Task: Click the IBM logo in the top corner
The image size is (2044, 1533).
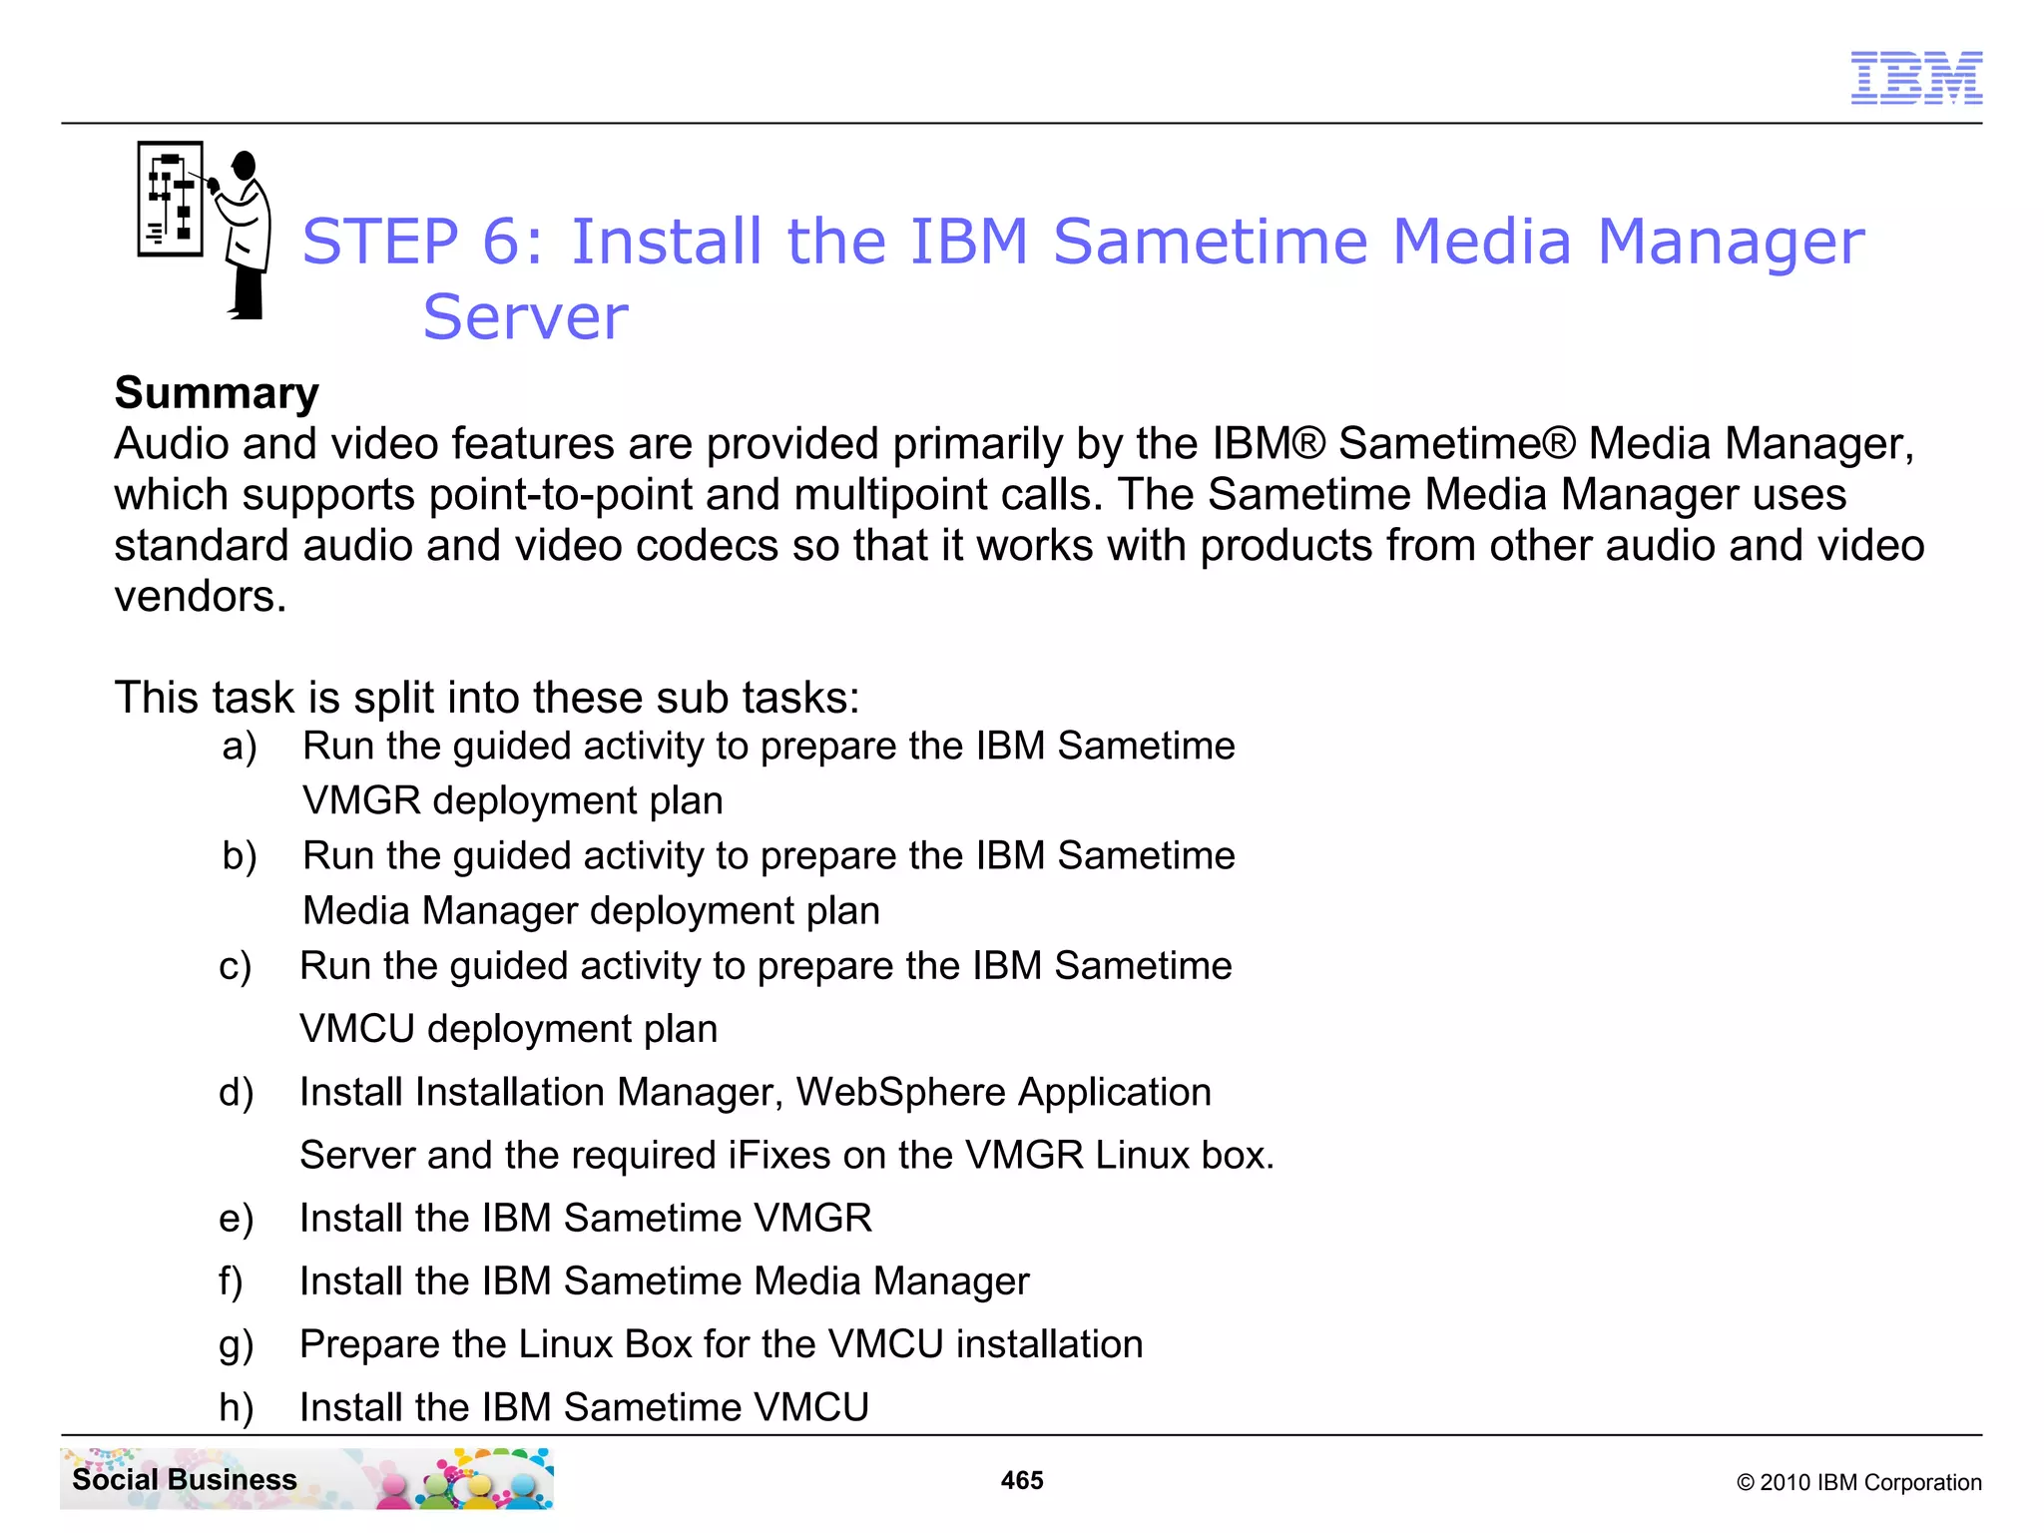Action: coord(1915,78)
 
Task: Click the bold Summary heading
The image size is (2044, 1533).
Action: coord(217,392)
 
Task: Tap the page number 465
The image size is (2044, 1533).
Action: coord(1021,1480)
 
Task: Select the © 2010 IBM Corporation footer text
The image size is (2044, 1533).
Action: coord(1858,1482)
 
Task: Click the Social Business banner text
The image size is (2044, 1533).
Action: coord(185,1479)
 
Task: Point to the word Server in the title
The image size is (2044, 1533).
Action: coord(525,317)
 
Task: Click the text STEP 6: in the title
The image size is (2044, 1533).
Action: coord(423,242)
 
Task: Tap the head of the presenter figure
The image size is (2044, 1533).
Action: coord(245,166)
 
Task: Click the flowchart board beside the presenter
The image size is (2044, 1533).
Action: coord(170,199)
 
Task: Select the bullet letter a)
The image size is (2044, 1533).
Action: coord(240,747)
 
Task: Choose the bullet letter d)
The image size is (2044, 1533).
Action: coord(237,1093)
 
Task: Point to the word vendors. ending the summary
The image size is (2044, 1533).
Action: coord(200,597)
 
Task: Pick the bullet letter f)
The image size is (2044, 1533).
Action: coord(231,1281)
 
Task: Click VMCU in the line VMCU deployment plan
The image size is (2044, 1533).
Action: coord(356,1029)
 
